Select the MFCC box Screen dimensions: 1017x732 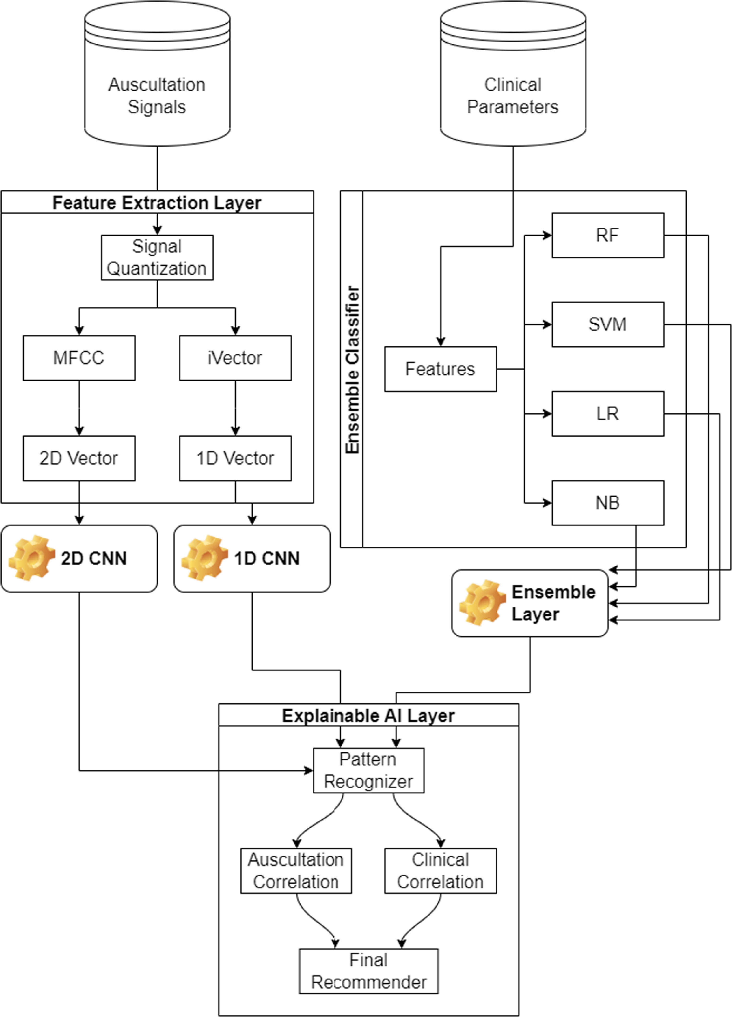point(79,358)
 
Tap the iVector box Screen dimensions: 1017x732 point(235,358)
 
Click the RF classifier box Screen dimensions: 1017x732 point(608,235)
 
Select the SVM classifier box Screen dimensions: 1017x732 point(608,324)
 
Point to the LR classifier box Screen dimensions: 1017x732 point(608,413)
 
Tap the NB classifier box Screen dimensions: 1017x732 point(608,503)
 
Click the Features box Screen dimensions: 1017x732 point(440,369)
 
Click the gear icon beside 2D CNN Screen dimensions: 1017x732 point(31,558)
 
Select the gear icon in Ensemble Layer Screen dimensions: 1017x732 point(482,603)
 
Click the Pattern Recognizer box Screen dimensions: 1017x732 point(369,770)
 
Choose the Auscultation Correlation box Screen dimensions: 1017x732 point(296,871)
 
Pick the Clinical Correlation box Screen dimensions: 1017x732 point(440,871)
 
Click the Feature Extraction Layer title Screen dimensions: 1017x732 point(157,203)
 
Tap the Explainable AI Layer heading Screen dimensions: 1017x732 point(369,716)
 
